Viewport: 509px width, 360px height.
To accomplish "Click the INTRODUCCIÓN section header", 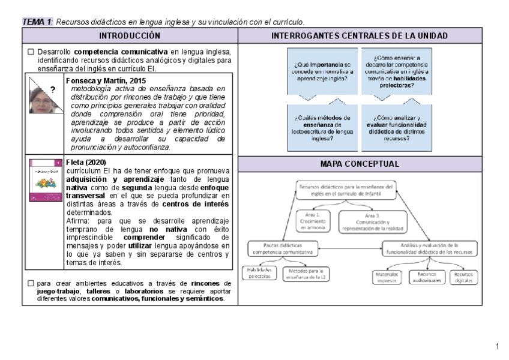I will [130, 36].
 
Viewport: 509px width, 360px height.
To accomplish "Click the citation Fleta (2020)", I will [85, 162].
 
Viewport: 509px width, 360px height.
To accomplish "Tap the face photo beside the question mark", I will [41, 97].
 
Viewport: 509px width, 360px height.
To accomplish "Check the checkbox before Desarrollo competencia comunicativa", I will [31, 52].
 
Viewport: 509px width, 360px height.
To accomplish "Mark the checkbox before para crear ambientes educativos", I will [31, 283].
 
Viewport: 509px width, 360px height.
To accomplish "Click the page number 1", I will [498, 346].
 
